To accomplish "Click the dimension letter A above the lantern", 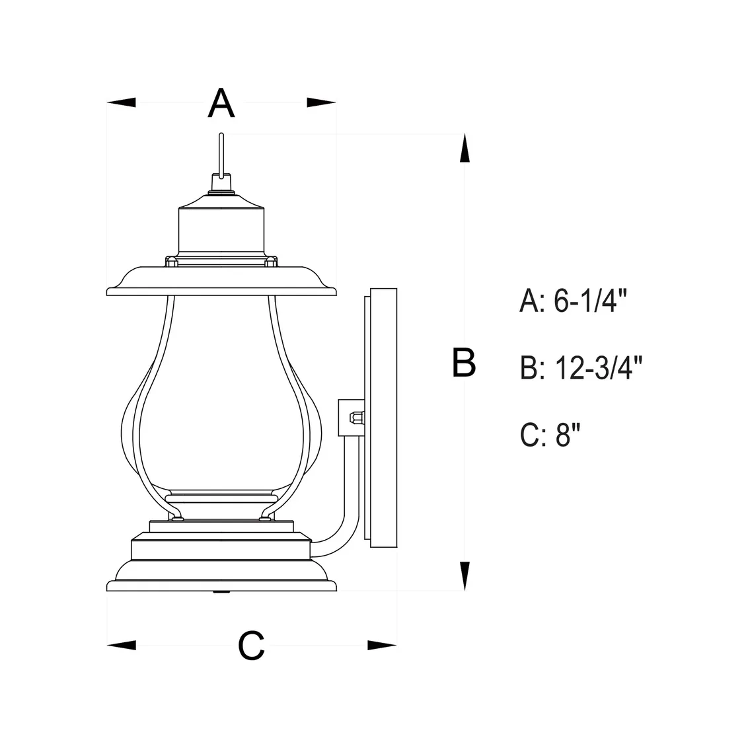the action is click(221, 102).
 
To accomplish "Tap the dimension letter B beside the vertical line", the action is click(464, 363).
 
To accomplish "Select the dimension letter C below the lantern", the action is click(251, 646).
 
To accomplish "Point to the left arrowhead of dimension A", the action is click(121, 102).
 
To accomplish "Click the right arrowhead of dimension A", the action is click(322, 102).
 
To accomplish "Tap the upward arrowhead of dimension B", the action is click(465, 148).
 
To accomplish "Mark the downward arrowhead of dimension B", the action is click(465, 576).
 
